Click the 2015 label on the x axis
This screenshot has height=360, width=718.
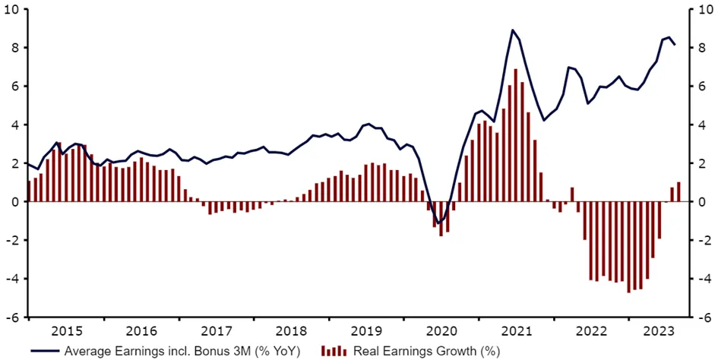[66, 331]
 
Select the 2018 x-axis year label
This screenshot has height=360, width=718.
[291, 331]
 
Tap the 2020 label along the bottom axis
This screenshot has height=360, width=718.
[441, 331]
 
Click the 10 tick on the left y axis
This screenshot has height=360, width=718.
[16, 10]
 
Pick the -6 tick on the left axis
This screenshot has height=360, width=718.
[15, 317]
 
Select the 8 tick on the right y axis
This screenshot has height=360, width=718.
[703, 48]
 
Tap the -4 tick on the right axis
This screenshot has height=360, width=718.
[704, 279]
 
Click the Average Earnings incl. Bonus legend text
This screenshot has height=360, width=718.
[182, 351]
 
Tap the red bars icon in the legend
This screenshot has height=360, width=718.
[334, 351]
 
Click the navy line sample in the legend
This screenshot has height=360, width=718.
[45, 351]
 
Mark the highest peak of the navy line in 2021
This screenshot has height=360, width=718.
[513, 30]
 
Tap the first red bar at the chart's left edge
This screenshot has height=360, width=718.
[29, 191]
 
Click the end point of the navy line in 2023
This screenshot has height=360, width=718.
[675, 45]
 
